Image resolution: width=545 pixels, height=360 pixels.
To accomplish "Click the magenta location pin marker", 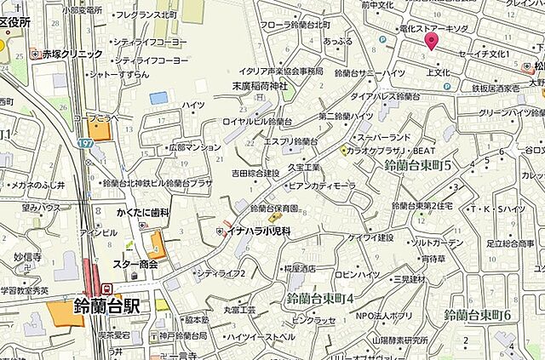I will [x=432, y=40].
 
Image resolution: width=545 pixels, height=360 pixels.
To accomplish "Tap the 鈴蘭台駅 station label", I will [x=106, y=306].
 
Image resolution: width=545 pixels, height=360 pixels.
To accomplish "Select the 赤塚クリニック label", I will [x=73, y=54].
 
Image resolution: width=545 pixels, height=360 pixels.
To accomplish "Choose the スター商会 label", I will [x=135, y=264].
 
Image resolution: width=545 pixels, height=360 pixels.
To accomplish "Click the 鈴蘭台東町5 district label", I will [x=417, y=163].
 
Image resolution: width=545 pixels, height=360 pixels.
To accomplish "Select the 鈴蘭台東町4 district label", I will [x=320, y=299].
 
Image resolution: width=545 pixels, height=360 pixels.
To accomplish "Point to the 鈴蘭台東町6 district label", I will [x=478, y=315].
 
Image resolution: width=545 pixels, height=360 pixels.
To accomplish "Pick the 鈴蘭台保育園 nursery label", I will [x=273, y=209].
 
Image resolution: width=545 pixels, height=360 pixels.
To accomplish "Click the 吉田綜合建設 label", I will [x=255, y=174].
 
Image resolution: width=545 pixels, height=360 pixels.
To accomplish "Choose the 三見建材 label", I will [x=409, y=278].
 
